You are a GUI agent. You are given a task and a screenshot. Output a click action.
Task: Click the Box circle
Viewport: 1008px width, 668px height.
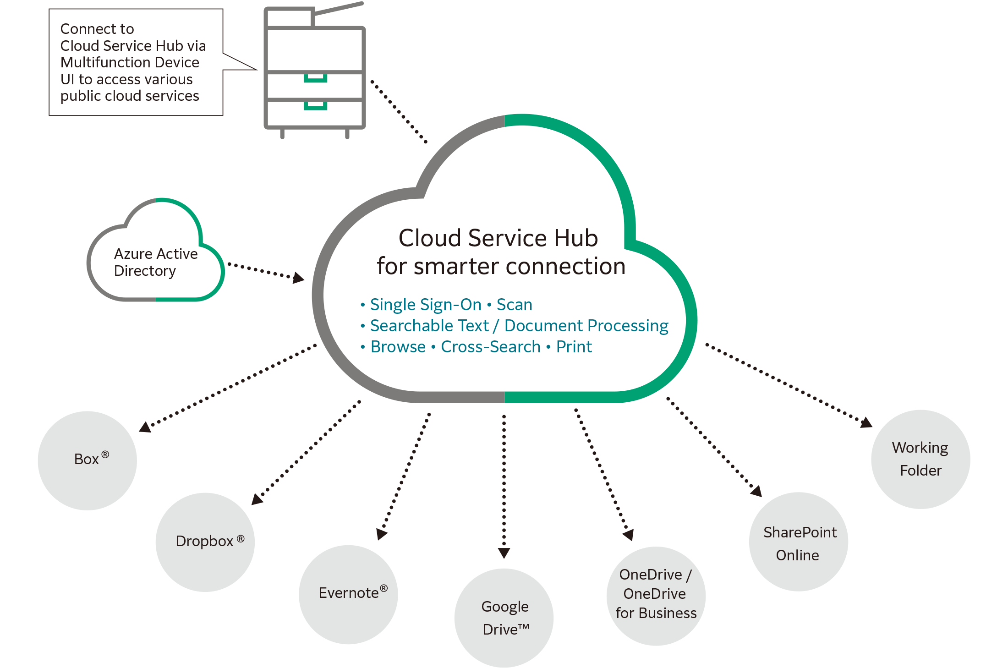[87, 460]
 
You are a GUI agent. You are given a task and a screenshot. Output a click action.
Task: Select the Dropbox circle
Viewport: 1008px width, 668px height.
[205, 542]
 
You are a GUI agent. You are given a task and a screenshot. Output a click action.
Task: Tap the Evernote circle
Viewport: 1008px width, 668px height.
[348, 594]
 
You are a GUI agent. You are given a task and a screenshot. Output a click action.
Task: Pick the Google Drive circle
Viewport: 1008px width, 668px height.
[504, 617]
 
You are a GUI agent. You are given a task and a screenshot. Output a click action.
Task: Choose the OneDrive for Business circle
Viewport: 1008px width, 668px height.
[656, 595]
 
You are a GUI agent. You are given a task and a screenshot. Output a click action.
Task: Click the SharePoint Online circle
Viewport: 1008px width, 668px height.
[798, 542]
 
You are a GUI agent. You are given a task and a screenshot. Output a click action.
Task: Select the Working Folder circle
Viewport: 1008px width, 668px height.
[920, 459]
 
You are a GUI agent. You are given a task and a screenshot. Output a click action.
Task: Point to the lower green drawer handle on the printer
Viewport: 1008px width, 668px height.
[315, 107]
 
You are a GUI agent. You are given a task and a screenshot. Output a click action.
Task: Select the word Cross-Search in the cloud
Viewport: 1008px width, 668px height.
[490, 347]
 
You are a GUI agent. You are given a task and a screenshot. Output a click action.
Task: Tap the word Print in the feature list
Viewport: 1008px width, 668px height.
[574, 347]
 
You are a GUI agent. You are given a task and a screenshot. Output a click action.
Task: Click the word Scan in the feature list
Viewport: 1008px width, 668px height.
[514, 305]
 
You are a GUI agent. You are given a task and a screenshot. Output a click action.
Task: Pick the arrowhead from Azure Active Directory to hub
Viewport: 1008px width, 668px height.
[299, 278]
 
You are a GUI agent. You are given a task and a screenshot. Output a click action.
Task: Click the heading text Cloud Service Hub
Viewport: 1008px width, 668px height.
[498, 238]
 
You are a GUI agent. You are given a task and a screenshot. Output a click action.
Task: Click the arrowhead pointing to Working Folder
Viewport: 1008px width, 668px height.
[866, 422]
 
